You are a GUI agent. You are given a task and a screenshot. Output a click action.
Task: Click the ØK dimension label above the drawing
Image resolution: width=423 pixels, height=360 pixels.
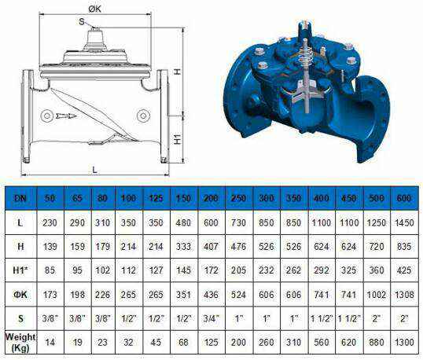(x=94, y=9)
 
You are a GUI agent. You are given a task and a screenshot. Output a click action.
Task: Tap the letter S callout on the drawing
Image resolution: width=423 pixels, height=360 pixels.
(x=82, y=21)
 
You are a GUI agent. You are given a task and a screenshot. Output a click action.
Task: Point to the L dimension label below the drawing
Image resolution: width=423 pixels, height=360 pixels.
(x=94, y=170)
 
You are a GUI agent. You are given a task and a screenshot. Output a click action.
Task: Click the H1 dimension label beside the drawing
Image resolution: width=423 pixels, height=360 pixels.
(x=177, y=138)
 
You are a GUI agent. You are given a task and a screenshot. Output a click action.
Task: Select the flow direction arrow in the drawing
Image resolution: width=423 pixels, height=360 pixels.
(x=66, y=116)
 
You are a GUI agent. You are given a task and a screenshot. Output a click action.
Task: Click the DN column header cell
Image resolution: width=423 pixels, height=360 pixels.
(x=20, y=198)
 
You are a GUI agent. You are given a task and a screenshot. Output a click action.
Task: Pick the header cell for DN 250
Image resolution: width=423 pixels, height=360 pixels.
(x=238, y=198)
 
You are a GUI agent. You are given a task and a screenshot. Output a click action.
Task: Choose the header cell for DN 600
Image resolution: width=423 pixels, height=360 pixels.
(x=404, y=198)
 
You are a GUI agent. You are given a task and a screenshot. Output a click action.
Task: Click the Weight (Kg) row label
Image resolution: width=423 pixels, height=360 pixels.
(x=20, y=343)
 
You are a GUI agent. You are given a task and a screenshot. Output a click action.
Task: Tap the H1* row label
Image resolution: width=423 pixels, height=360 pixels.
(x=20, y=270)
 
